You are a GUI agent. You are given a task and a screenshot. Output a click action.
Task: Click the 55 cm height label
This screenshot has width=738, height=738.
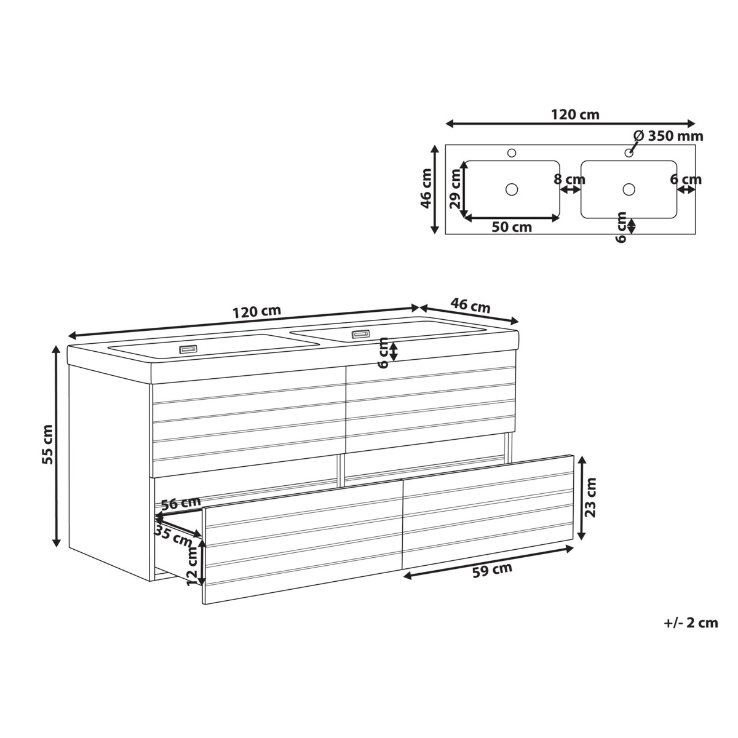click(x=48, y=444)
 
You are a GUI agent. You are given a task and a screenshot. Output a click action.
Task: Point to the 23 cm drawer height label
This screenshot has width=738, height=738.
click(x=591, y=498)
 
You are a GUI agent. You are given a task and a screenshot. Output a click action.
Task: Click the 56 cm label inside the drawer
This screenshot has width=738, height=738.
click(x=181, y=503)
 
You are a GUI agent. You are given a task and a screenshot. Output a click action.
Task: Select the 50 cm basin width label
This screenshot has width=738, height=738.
click(x=512, y=227)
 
